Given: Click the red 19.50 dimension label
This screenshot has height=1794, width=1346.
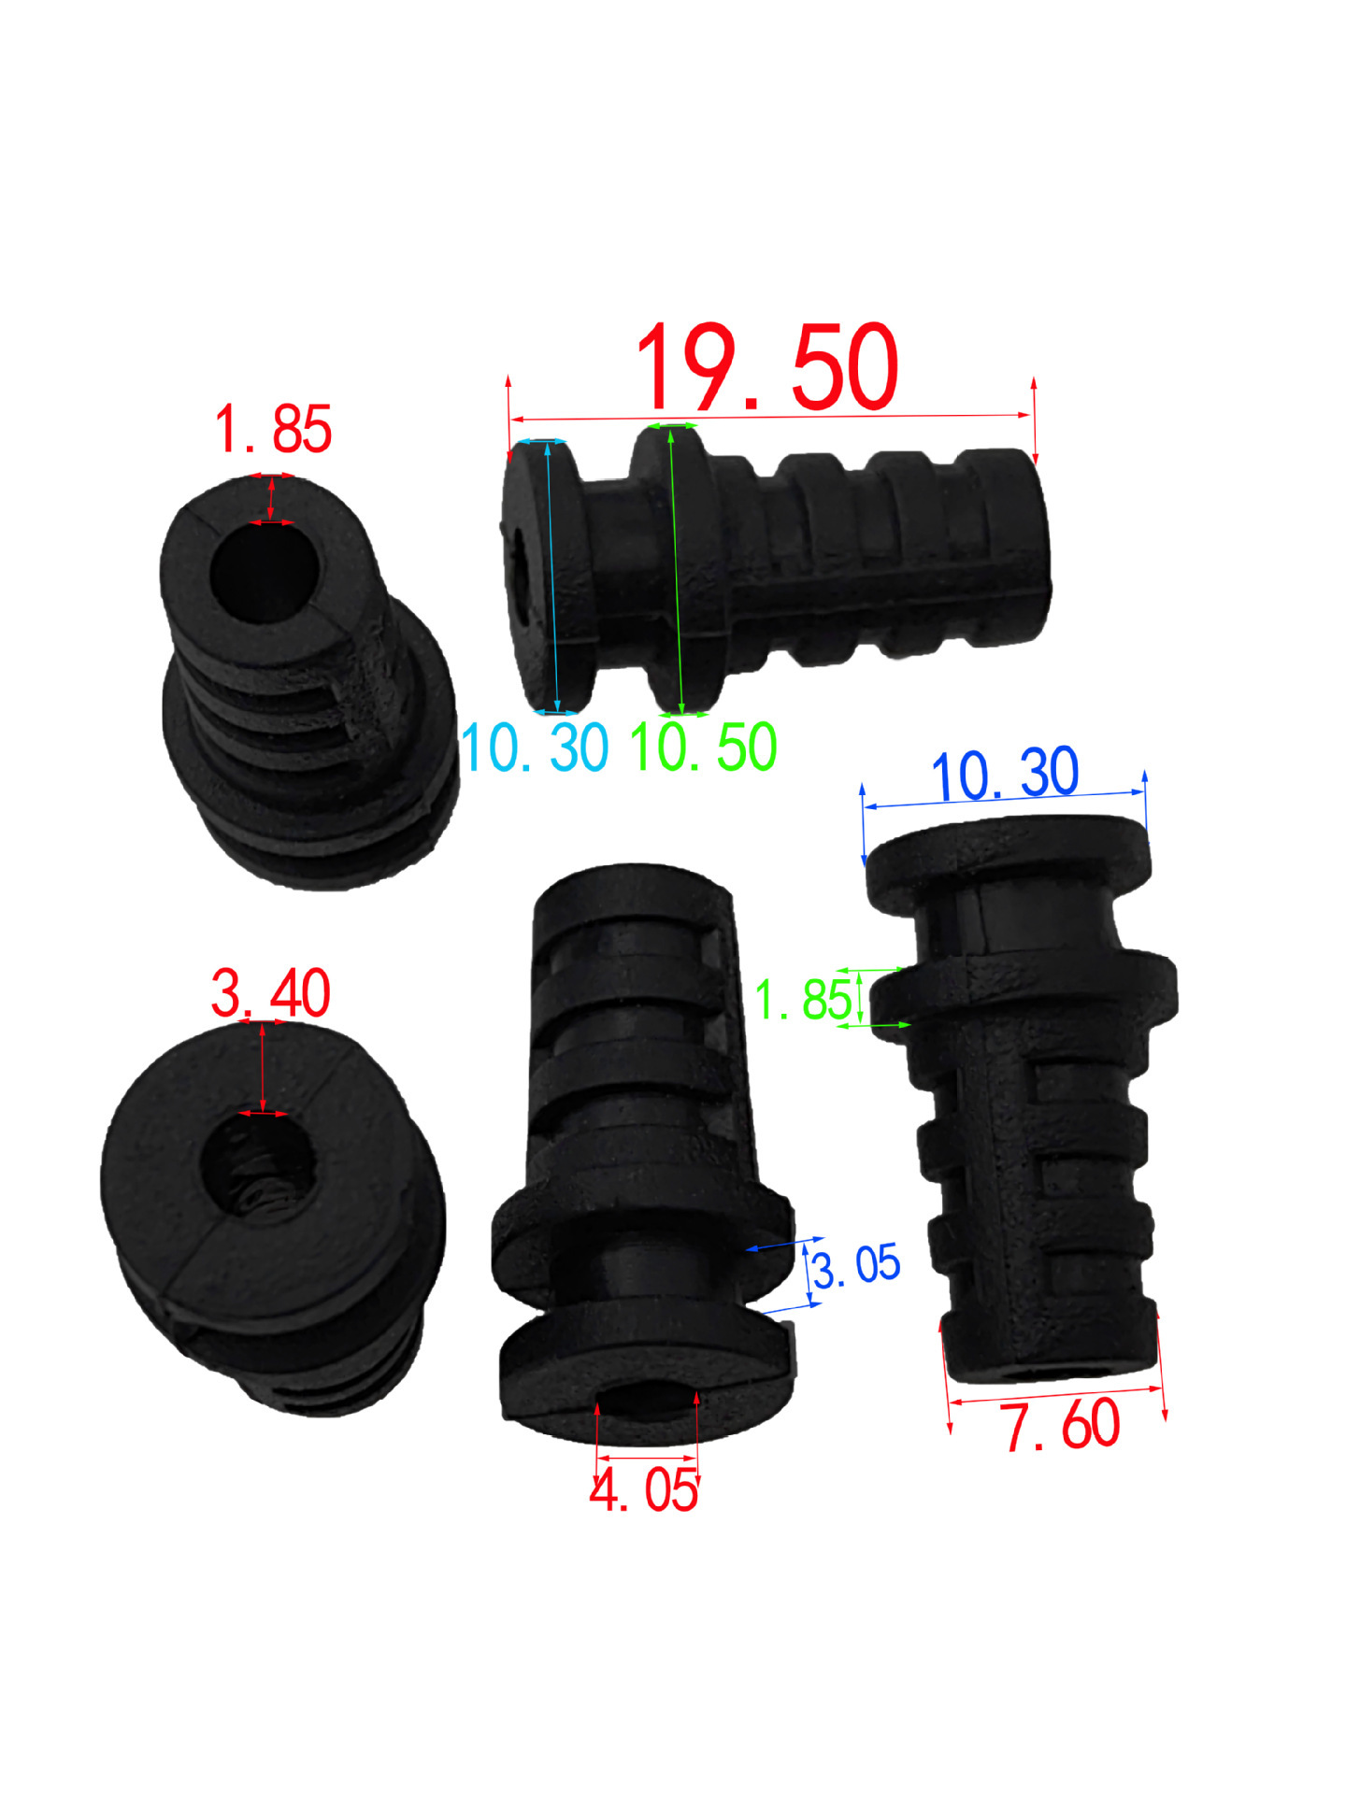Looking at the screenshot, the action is click(x=766, y=369).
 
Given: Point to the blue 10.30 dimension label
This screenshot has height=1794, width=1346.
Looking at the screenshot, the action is click(x=1005, y=774).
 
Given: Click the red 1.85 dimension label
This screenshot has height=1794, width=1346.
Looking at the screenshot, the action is click(x=273, y=429).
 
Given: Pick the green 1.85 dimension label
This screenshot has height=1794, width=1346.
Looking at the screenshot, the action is click(x=804, y=999).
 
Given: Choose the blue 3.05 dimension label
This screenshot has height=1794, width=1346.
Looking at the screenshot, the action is click(x=855, y=1266).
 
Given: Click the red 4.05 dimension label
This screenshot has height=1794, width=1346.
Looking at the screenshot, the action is click(x=644, y=1489).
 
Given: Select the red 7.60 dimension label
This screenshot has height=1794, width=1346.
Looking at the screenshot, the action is click(x=1062, y=1425).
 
